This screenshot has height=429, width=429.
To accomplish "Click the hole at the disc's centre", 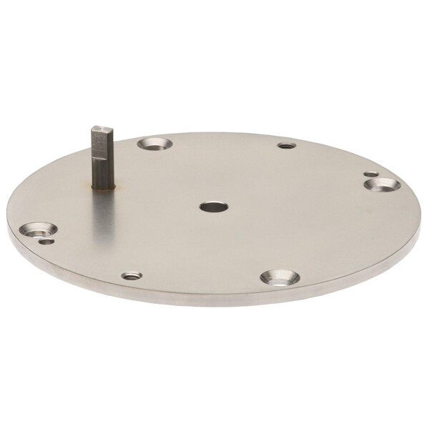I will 213,207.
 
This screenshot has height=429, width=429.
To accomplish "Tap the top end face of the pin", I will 102,129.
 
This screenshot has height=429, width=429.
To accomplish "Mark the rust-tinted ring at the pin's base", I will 103,188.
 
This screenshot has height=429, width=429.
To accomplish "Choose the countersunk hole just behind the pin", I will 154,144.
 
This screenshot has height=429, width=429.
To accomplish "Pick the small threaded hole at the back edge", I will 286,146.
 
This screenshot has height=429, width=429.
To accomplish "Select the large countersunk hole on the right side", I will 382,184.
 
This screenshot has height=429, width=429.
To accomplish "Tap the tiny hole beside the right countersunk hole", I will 370,174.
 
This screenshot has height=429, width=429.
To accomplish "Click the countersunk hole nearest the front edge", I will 280,277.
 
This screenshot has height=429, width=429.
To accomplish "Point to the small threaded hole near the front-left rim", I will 131,275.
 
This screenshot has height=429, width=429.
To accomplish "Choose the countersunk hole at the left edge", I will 38,230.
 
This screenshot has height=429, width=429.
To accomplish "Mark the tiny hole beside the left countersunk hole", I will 46,242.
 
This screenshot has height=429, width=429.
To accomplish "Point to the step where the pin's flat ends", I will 102,159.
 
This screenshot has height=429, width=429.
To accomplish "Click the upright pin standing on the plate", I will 102,157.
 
